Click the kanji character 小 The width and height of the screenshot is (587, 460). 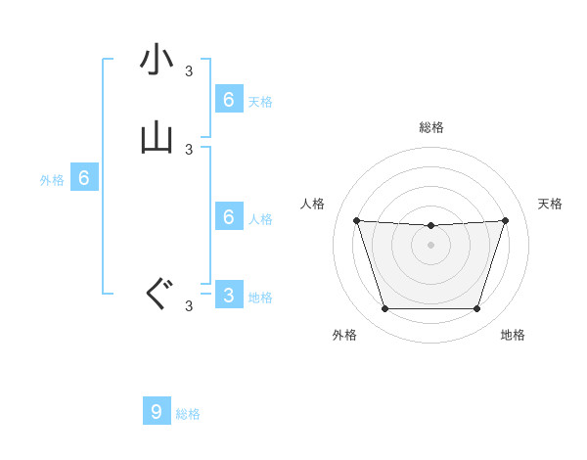(x=158, y=61)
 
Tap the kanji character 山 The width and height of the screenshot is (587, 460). (x=158, y=138)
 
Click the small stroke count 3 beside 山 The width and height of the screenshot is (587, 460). (x=189, y=149)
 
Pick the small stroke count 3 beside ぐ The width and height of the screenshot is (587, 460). (x=189, y=306)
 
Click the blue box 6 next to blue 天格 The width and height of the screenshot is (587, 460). (x=228, y=99)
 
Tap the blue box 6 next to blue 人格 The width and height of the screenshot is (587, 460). (x=229, y=216)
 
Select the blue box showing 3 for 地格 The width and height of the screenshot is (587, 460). (x=228, y=295)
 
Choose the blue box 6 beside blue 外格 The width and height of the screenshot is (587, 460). (x=84, y=178)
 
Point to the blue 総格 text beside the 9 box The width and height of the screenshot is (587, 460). (x=188, y=414)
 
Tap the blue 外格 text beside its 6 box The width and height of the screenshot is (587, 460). (x=51, y=180)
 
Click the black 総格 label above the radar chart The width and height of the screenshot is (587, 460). (x=431, y=127)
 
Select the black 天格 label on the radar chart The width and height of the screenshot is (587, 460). (x=551, y=204)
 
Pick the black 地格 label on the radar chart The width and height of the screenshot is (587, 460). (x=513, y=335)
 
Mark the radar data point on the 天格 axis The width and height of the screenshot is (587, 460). (x=506, y=220)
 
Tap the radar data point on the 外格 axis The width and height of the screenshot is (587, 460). (x=384, y=309)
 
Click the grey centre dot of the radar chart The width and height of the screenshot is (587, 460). (x=430, y=245)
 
